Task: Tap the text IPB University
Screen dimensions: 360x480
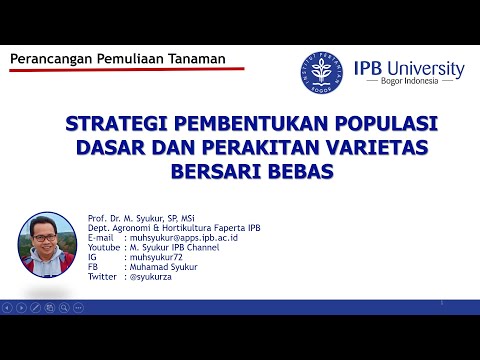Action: pos(410,68)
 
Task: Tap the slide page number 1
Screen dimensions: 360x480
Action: pos(441,300)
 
